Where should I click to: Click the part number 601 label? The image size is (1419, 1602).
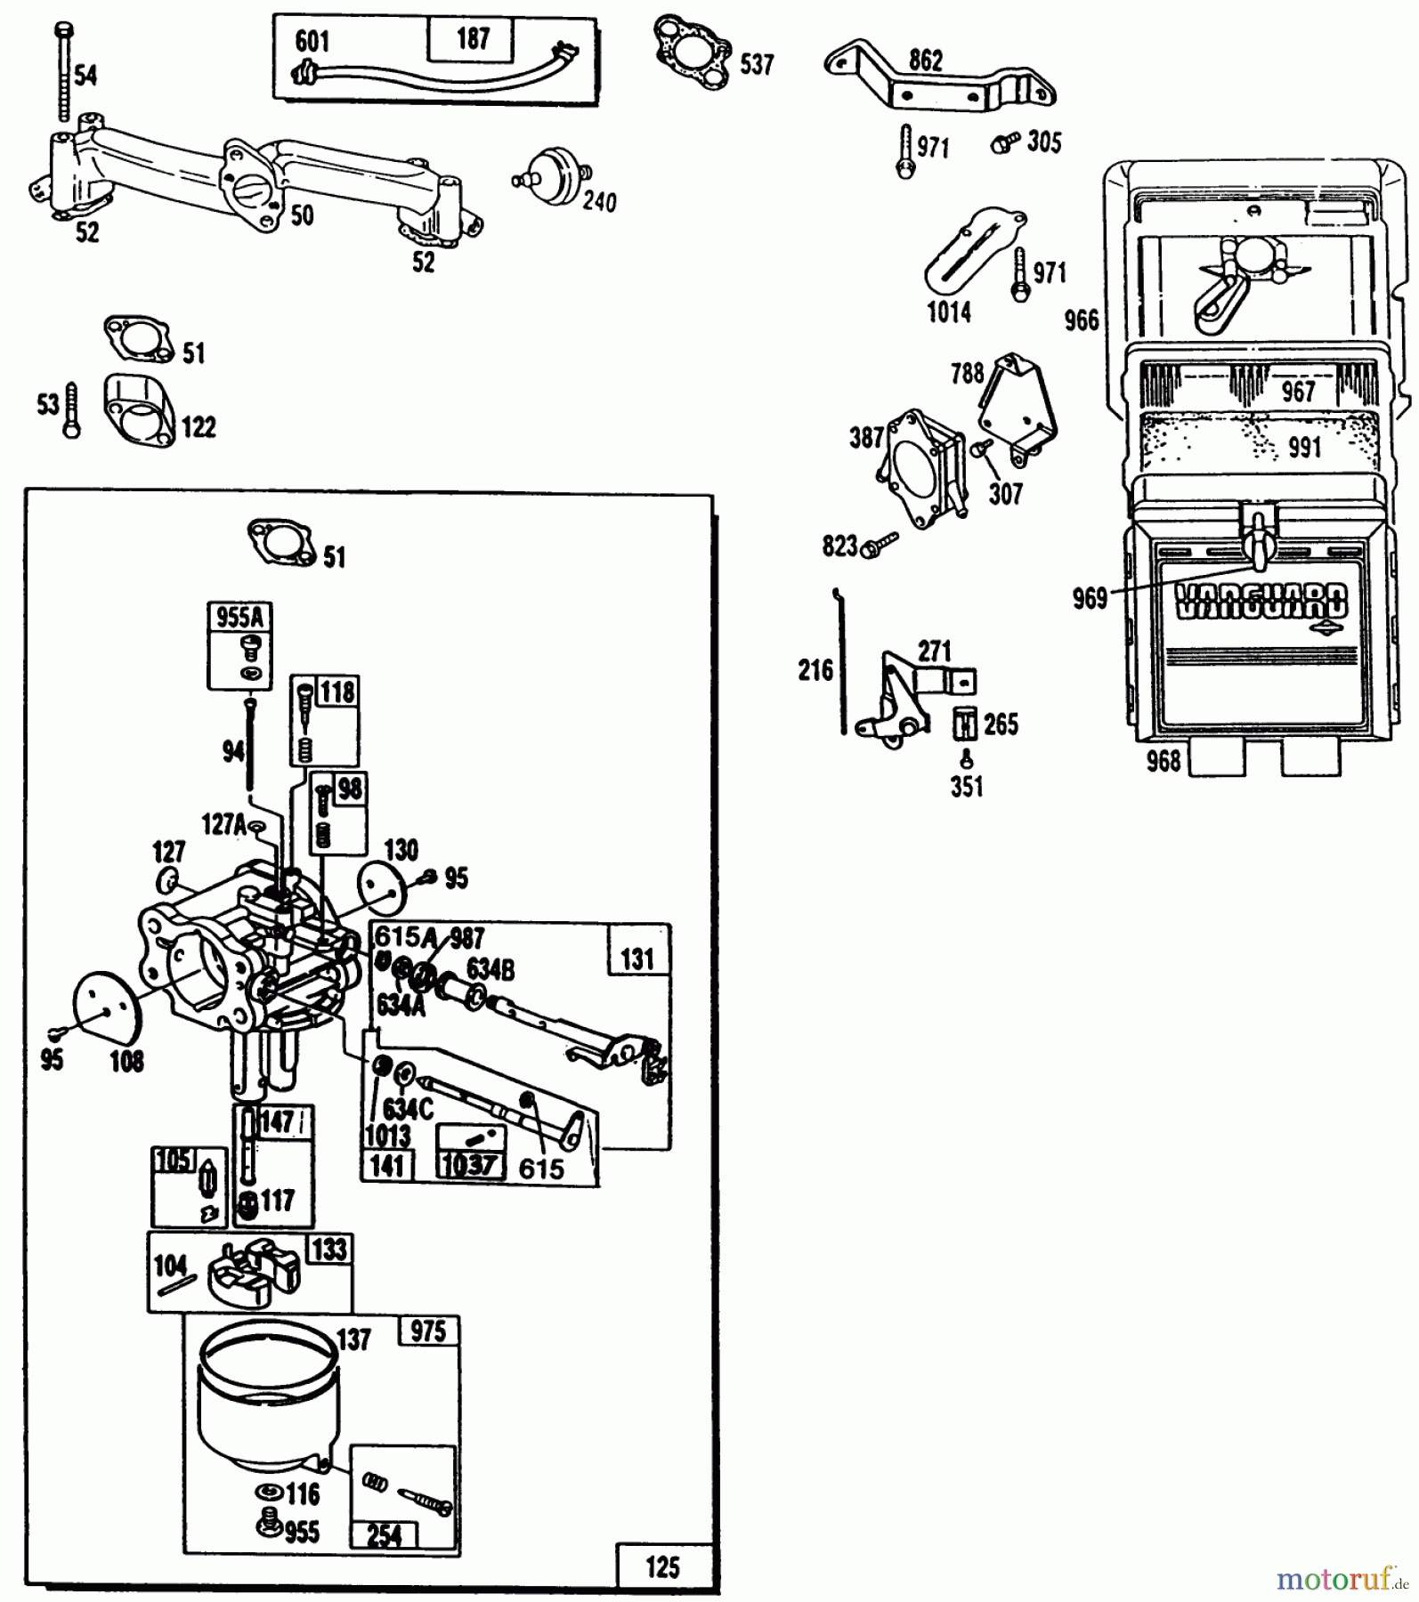pyautogui.click(x=312, y=41)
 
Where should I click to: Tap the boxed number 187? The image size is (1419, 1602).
pyautogui.click(x=473, y=38)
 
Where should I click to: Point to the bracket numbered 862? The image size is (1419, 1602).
pyautogui.click(x=944, y=85)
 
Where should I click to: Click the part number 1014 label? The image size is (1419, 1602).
pyautogui.click(x=948, y=312)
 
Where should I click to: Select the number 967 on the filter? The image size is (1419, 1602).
pyautogui.click(x=1298, y=391)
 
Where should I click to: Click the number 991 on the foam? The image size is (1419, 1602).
pyautogui.click(x=1304, y=447)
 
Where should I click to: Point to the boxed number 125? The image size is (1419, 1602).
pyautogui.click(x=662, y=1567)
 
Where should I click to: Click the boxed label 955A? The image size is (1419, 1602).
pyautogui.click(x=239, y=617)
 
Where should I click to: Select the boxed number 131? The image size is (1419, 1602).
pyautogui.click(x=637, y=959)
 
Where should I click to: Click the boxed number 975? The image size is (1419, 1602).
pyautogui.click(x=428, y=1331)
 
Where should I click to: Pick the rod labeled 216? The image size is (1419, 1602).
pyautogui.click(x=841, y=663)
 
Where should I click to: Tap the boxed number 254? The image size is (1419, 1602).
pyautogui.click(x=385, y=1535)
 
